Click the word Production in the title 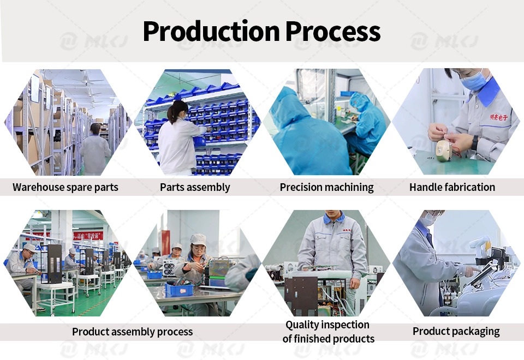(211, 31)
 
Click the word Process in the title (333, 31)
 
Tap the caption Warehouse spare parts (65, 187)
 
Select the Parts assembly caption (195, 187)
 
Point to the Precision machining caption (326, 187)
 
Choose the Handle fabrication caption (452, 187)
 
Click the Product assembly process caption (132, 332)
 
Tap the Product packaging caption (456, 331)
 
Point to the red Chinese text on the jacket (498, 117)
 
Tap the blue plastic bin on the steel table (179, 289)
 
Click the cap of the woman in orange (198, 238)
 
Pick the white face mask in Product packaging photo (427, 219)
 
